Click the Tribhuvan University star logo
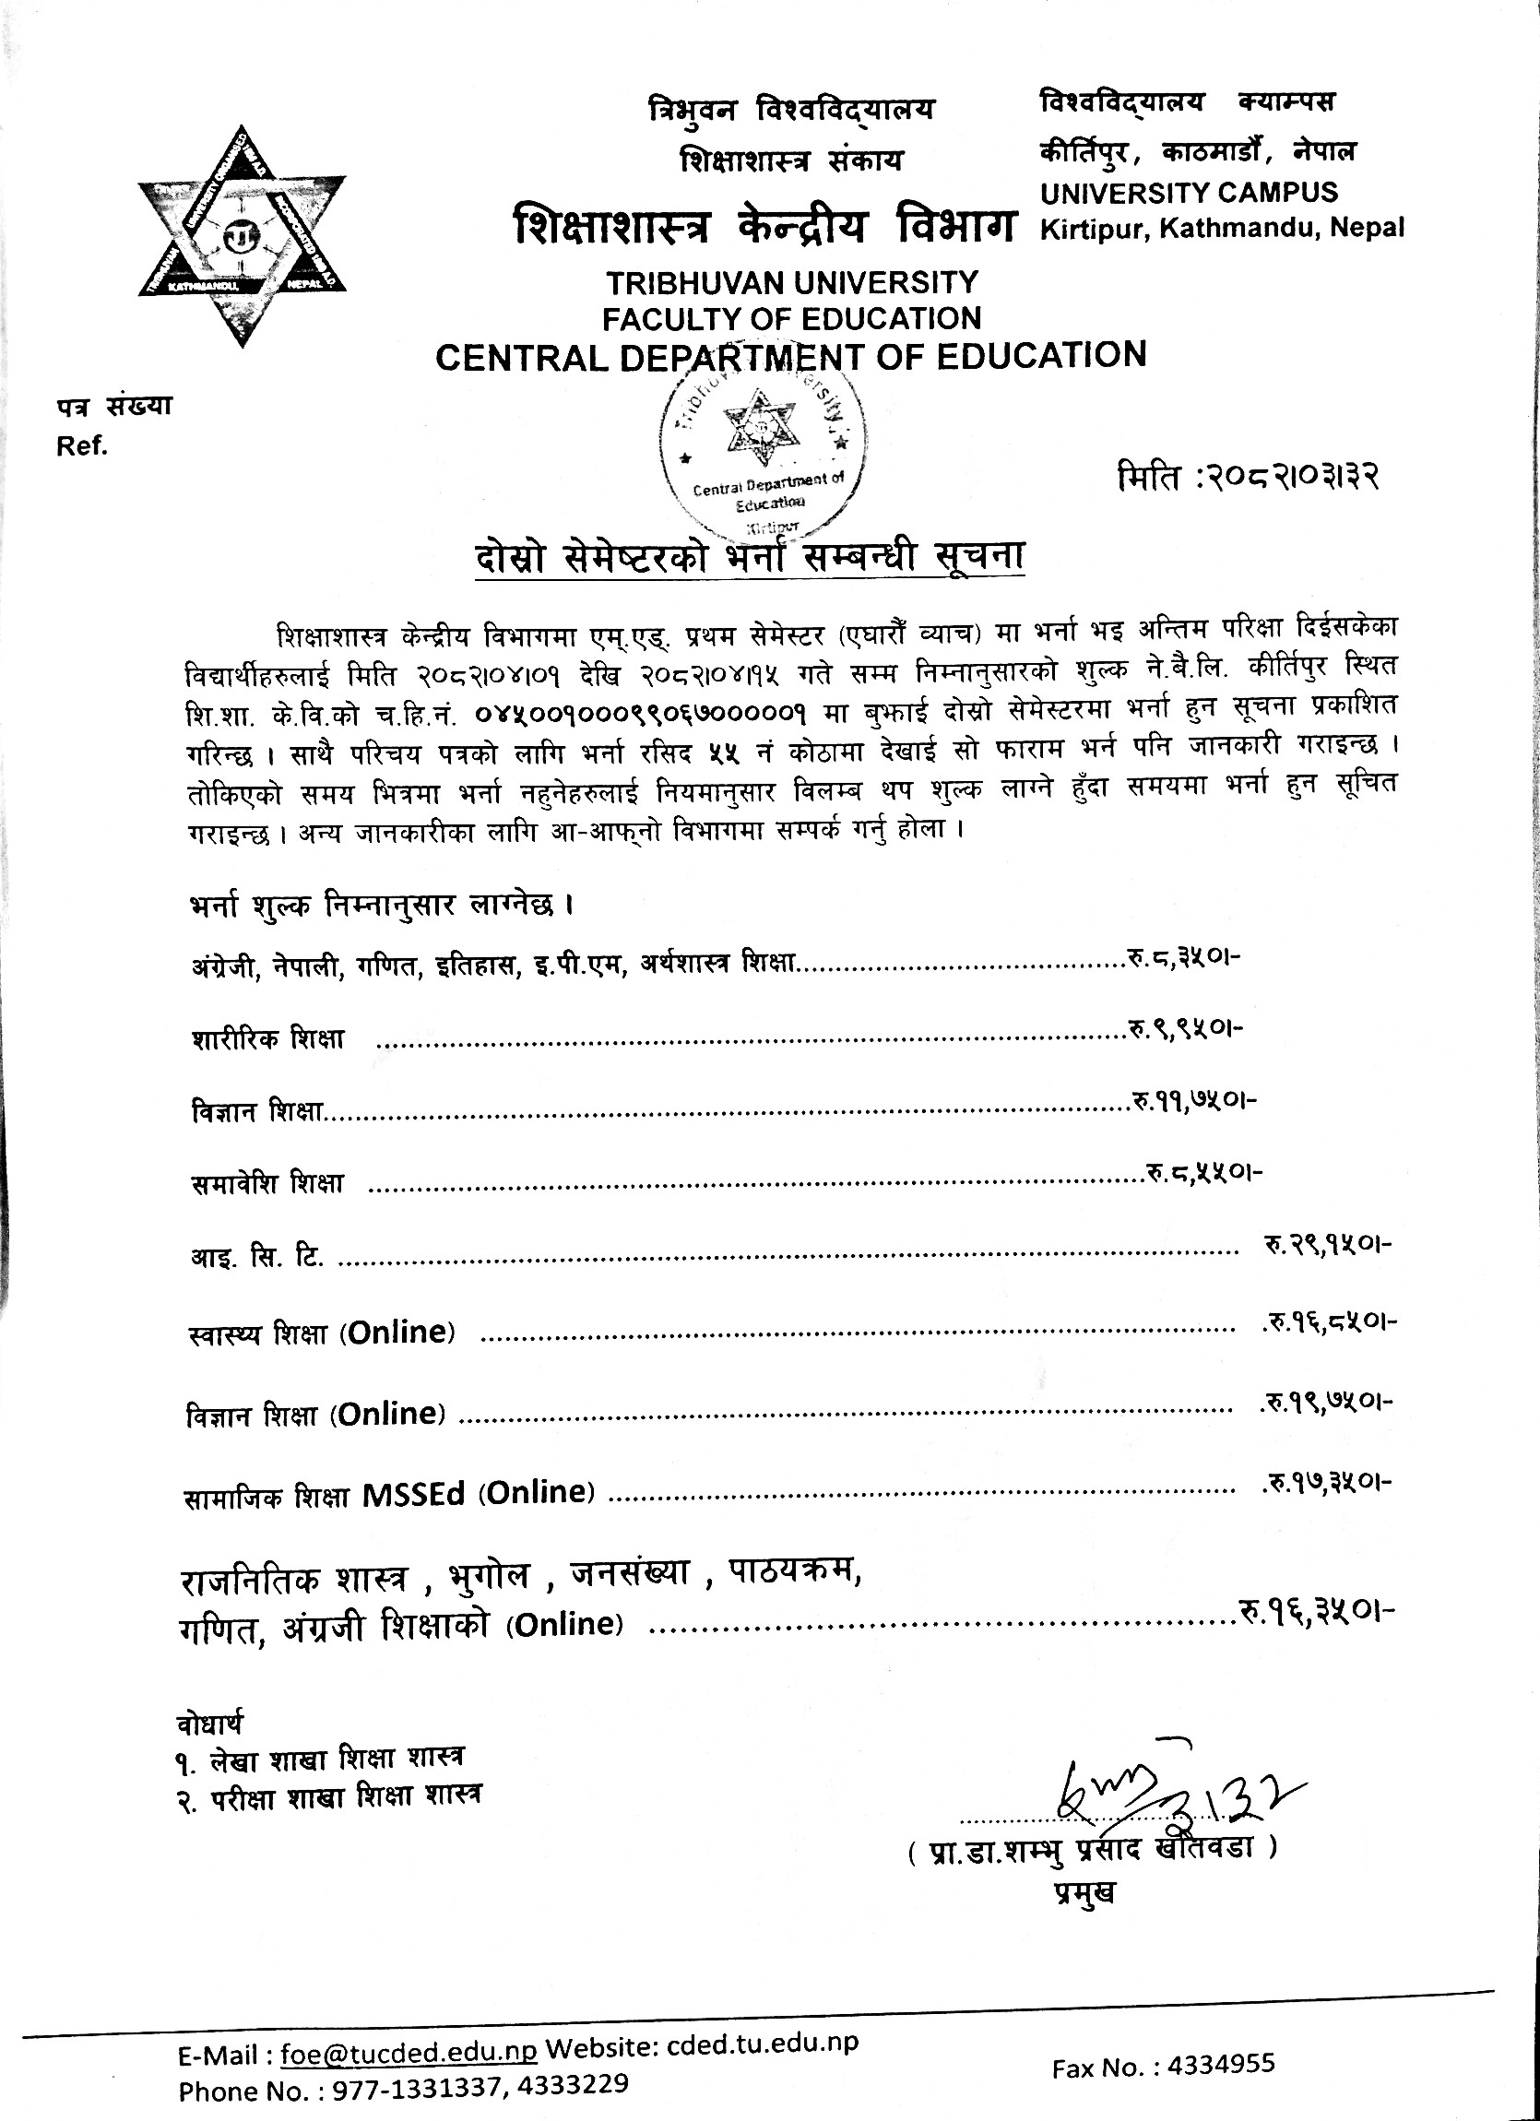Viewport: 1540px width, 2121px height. tap(243, 236)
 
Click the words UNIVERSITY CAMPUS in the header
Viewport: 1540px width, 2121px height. tap(1189, 193)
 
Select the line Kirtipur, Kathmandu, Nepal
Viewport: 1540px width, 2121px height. tap(1222, 227)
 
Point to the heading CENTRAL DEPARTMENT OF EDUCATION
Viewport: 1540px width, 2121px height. tap(791, 356)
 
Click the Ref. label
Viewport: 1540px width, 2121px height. tap(82, 446)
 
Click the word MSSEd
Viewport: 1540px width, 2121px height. tap(413, 1495)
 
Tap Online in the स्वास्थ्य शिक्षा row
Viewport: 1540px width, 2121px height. tap(397, 1332)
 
